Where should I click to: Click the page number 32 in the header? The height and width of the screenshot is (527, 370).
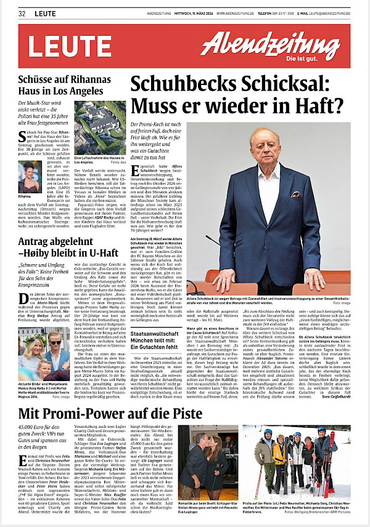[x=22, y=12]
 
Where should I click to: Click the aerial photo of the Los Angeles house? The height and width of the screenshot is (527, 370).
[x=99, y=127]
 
